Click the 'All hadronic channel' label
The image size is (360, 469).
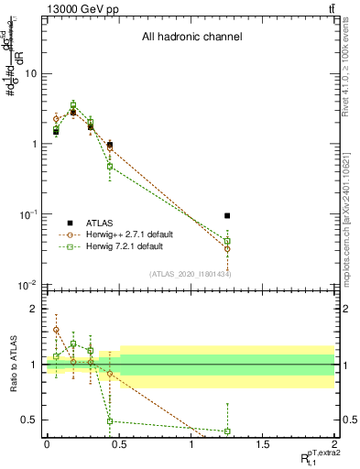coord(191,38)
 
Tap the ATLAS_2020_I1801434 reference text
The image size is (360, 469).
coord(190,274)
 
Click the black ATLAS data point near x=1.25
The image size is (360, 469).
coord(227,216)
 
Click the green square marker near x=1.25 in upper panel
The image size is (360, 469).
coord(227,241)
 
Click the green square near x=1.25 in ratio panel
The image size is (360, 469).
coord(227,431)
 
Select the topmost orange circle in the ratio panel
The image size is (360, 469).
coord(56,330)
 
